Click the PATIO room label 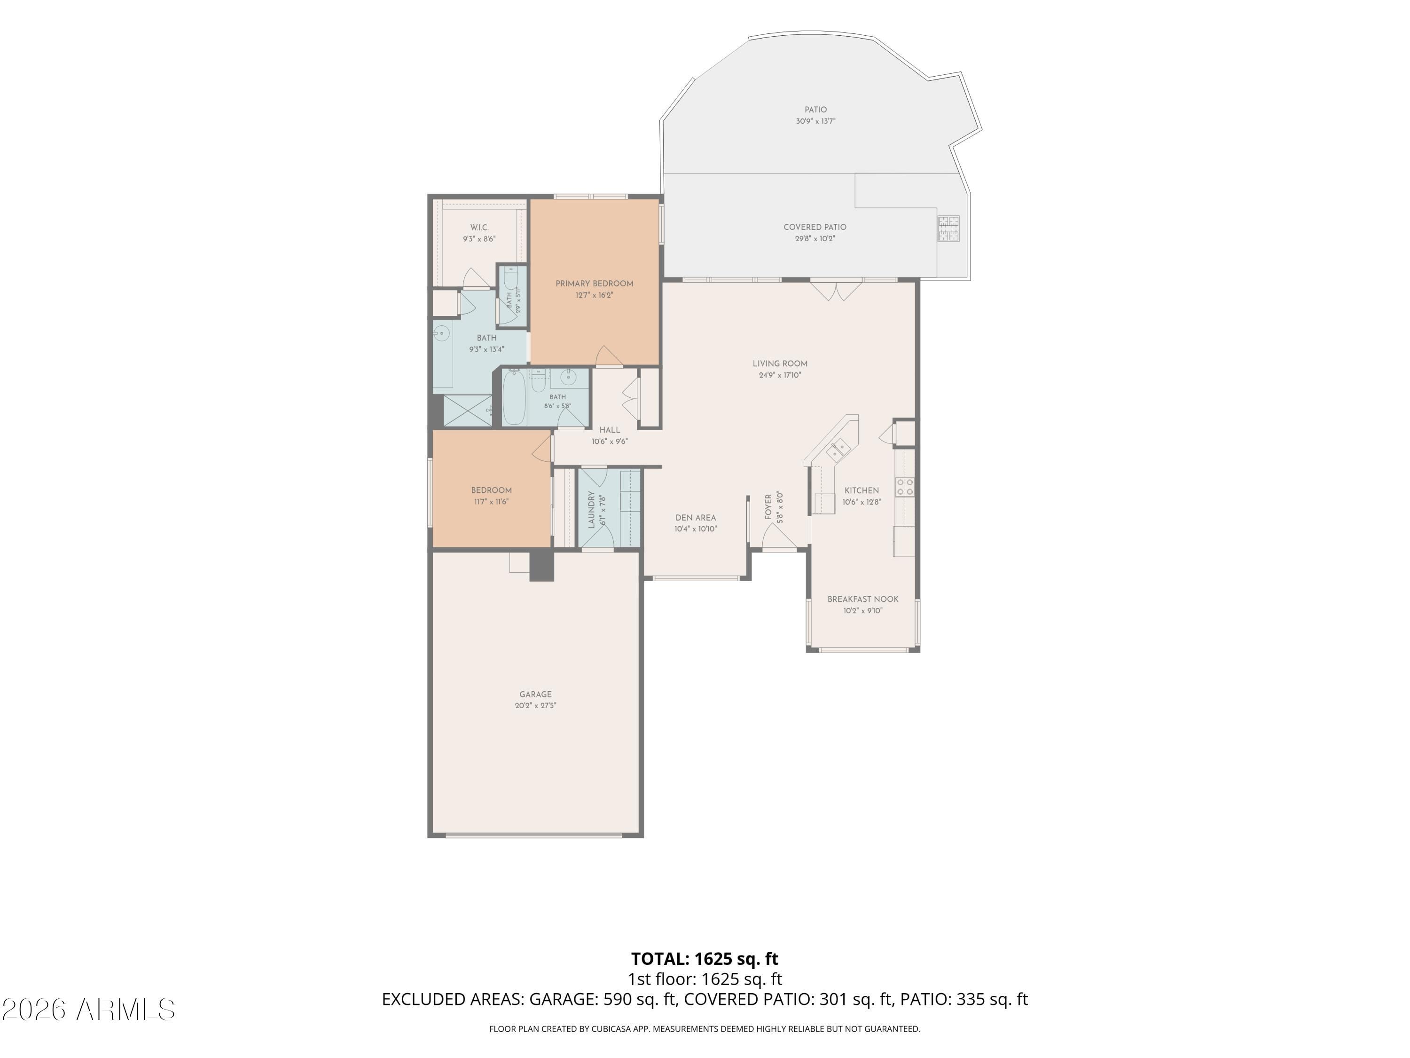[815, 110]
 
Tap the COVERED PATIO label [815, 227]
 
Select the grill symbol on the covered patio [948, 229]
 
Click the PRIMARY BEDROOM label [594, 284]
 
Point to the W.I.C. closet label [479, 228]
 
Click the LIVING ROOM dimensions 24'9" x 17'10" [780, 375]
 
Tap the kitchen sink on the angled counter [838, 450]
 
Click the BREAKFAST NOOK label [863, 599]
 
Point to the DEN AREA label [696, 518]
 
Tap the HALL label [610, 430]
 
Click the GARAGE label [535, 695]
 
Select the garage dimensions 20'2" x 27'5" [535, 705]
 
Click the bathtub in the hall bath [514, 397]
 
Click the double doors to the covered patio [836, 290]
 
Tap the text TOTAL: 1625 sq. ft [705, 958]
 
